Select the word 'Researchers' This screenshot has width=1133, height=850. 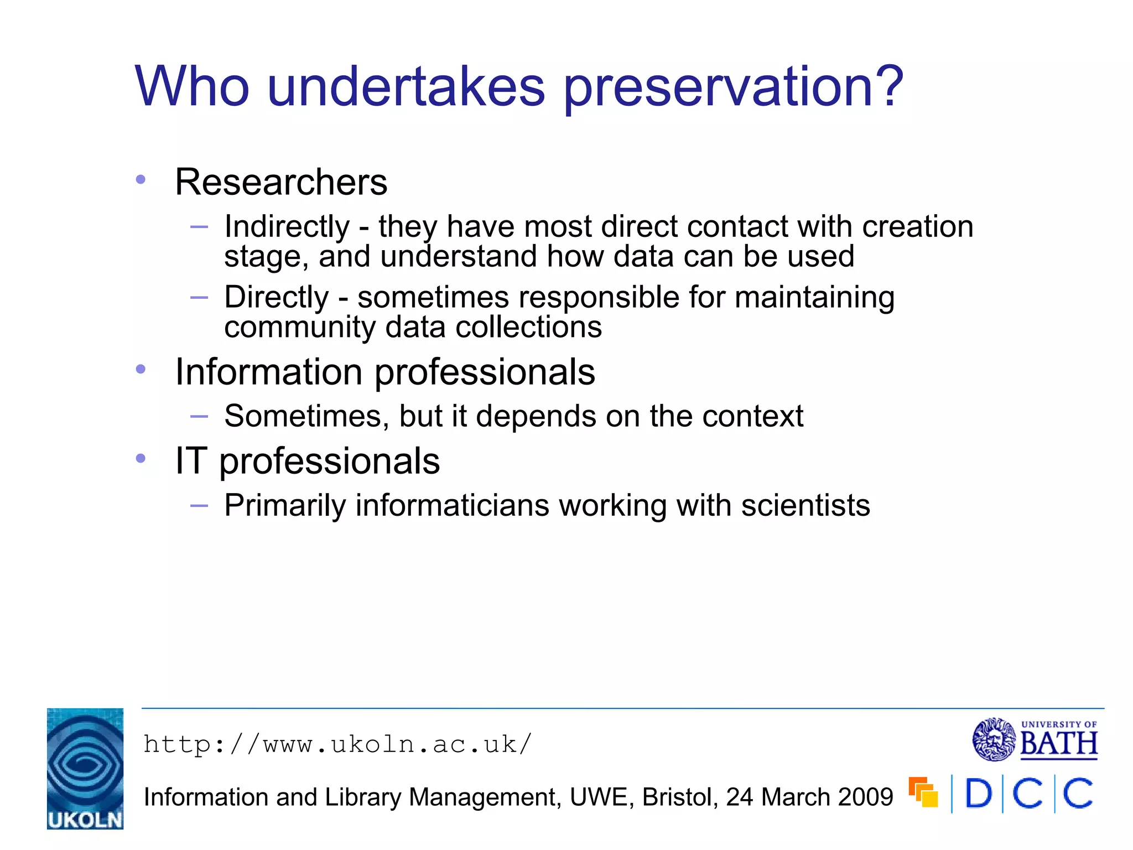pos(281,182)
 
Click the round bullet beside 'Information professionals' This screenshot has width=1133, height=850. pos(141,369)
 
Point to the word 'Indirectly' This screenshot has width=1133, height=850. pos(287,226)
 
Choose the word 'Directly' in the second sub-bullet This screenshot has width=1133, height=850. pos(277,297)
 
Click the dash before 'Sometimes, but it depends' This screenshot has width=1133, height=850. pos(199,416)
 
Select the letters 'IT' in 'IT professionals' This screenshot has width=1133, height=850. pos(191,460)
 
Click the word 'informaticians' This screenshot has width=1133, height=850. pos(453,505)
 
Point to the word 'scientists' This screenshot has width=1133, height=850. pos(805,505)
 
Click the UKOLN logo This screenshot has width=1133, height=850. pos(85,768)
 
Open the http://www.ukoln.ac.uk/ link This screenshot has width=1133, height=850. pos(337,744)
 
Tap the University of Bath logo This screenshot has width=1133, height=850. pos(1035,739)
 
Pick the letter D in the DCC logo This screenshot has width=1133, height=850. pos(978,794)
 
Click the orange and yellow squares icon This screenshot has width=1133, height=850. pos(923,792)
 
